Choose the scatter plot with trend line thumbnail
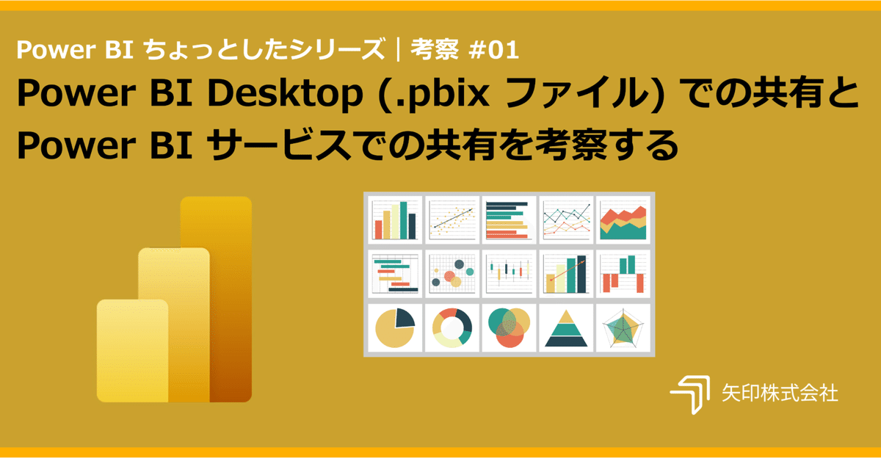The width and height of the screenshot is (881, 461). click(x=452, y=218)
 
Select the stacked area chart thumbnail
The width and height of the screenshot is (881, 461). click(x=623, y=218)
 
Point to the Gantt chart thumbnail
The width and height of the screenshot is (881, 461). click(x=395, y=273)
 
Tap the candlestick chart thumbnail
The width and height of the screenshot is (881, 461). click(x=509, y=273)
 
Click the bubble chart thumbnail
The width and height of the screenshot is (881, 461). click(x=452, y=273)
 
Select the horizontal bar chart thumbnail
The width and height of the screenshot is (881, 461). click(x=509, y=218)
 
